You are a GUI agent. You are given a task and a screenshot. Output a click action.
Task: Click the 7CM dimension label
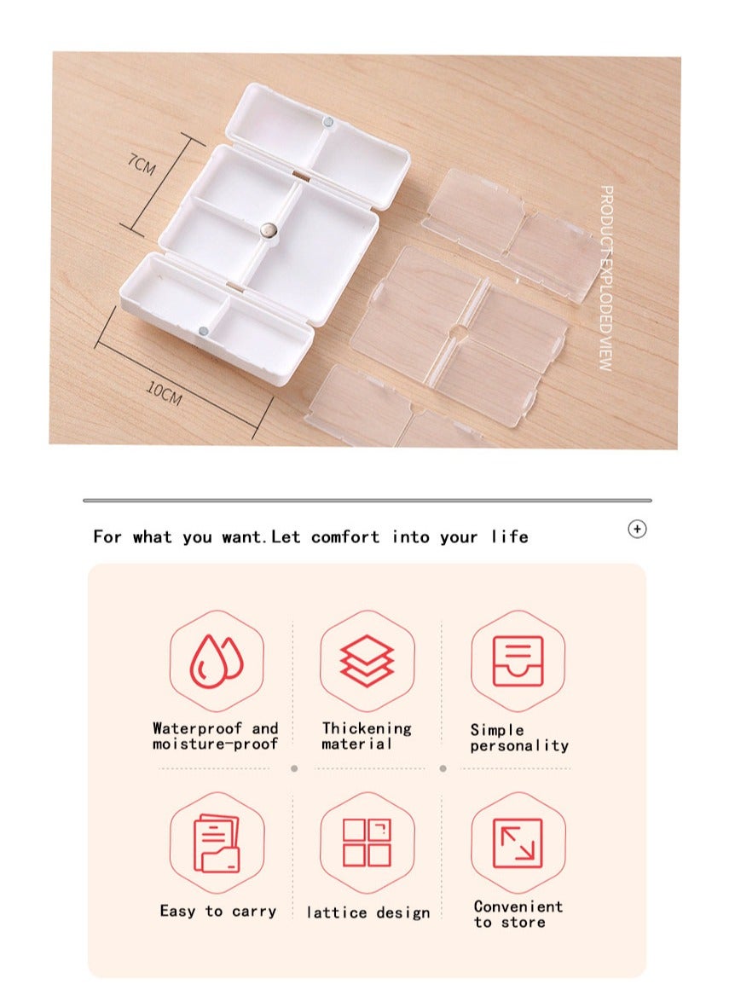pyautogui.click(x=142, y=165)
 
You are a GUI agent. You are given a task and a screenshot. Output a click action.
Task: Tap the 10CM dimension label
pyautogui.click(x=165, y=393)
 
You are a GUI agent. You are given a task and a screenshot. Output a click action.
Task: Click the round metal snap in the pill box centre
pyautogui.click(x=269, y=229)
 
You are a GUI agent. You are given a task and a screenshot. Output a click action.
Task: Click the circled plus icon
pyautogui.click(x=637, y=529)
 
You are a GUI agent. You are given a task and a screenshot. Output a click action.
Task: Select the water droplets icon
pyautogui.click(x=217, y=661)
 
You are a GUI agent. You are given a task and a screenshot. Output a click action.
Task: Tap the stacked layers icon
pyautogui.click(x=367, y=661)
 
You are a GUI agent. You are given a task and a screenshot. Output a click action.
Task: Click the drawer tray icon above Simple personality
pyautogui.click(x=518, y=661)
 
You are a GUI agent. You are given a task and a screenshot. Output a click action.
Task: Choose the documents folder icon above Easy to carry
pyautogui.click(x=217, y=843)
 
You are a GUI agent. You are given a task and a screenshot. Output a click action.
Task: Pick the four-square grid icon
pyautogui.click(x=367, y=843)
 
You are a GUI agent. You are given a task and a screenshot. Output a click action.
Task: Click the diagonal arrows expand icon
pyautogui.click(x=518, y=843)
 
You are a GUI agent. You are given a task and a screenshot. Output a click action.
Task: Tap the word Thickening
pyautogui.click(x=367, y=728)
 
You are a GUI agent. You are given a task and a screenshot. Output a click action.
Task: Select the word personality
pyautogui.click(x=519, y=746)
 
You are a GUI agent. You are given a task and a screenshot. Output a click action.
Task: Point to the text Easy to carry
pyautogui.click(x=218, y=911)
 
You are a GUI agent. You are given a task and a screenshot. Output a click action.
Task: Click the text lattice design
pyautogui.click(x=368, y=912)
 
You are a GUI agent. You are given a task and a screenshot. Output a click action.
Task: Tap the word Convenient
pyautogui.click(x=518, y=906)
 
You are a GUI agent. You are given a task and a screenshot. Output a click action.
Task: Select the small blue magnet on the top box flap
pyautogui.click(x=328, y=121)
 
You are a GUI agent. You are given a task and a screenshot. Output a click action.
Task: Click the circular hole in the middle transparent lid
pyautogui.click(x=458, y=331)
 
